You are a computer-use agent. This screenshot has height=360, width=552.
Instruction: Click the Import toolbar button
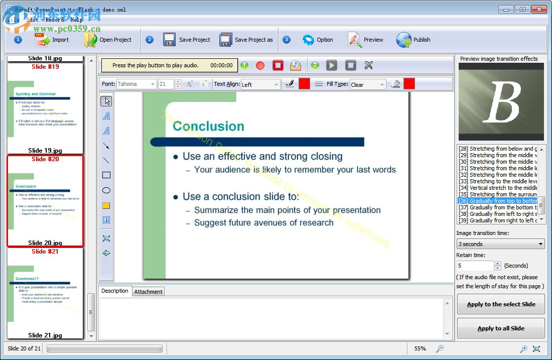tap(52, 40)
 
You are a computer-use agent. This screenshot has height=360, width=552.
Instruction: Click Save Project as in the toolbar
tap(246, 40)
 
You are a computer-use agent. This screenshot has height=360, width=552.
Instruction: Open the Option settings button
tap(318, 40)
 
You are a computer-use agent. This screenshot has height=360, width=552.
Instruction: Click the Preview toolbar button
tap(366, 40)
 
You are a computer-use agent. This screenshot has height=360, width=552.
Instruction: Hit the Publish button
tap(413, 40)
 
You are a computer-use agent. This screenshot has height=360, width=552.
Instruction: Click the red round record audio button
tap(260, 65)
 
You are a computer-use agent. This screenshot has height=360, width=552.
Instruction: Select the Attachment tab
tap(148, 292)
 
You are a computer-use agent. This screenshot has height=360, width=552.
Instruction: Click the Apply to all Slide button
tap(501, 328)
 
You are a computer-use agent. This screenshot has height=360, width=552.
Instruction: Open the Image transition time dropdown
tap(500, 244)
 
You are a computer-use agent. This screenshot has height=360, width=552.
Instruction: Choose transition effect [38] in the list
tap(497, 214)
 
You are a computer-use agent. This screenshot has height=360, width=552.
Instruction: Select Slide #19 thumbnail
tap(45, 108)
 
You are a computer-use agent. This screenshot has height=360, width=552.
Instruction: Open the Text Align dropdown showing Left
tap(260, 84)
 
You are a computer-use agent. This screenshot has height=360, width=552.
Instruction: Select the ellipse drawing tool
tap(106, 190)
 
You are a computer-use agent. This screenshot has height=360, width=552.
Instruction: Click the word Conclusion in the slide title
tap(208, 126)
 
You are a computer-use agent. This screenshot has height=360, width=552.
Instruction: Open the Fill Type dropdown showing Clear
tap(368, 84)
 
